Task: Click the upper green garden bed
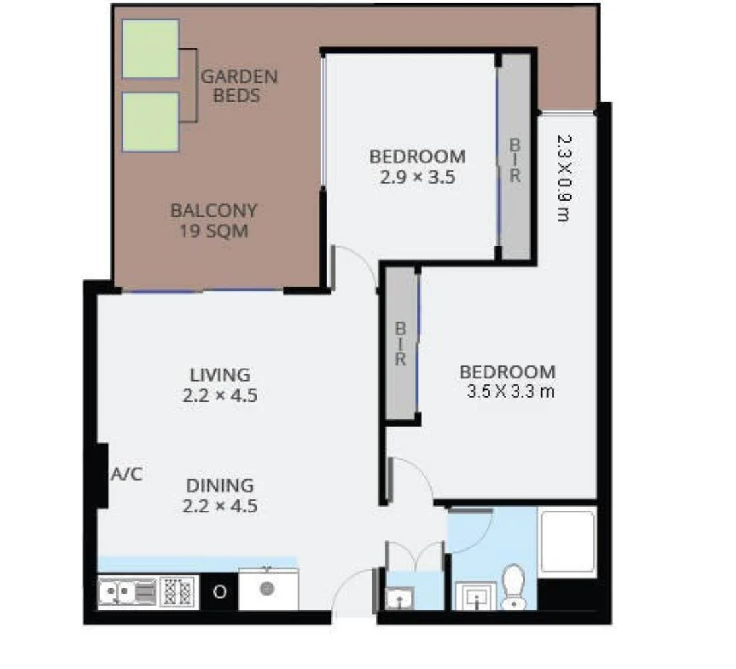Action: (x=151, y=49)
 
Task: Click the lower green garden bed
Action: (x=151, y=122)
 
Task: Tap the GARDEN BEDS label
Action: (x=239, y=86)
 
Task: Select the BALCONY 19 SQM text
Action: (x=213, y=221)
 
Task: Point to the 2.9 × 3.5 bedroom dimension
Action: (x=417, y=177)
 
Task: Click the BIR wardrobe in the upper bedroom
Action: (x=514, y=157)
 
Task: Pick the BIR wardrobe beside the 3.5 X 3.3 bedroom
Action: (x=401, y=343)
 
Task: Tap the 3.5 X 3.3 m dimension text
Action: (x=510, y=391)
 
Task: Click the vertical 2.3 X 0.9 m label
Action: (x=563, y=178)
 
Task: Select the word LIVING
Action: (x=220, y=375)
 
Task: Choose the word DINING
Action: (x=220, y=485)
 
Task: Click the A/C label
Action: (x=127, y=474)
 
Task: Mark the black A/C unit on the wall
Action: (x=102, y=475)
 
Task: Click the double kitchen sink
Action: (x=127, y=591)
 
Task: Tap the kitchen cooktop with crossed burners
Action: (x=178, y=592)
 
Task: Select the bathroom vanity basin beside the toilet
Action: (x=475, y=596)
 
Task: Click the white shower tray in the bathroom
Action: (x=567, y=542)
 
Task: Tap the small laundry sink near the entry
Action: (x=399, y=598)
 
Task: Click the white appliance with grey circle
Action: (x=267, y=588)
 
